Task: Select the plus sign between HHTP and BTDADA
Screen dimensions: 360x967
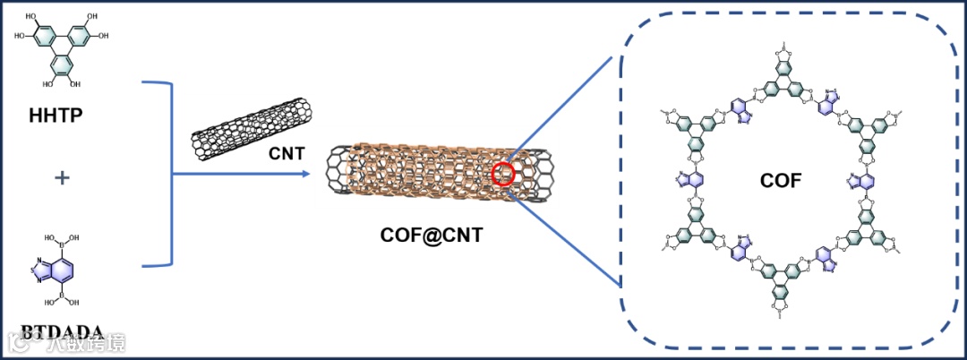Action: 62,178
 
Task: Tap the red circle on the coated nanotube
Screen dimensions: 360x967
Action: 503,174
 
